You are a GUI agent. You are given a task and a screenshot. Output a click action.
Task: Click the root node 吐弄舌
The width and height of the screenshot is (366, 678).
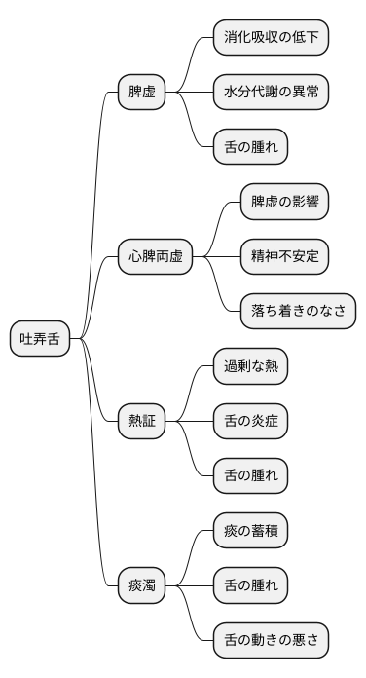tap(40, 339)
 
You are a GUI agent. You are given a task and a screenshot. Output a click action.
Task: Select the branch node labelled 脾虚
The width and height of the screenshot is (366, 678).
tap(141, 93)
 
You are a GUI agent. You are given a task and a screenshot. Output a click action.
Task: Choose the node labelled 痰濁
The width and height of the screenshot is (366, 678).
tap(141, 586)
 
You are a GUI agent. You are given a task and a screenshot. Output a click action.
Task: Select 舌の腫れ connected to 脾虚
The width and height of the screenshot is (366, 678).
tap(251, 147)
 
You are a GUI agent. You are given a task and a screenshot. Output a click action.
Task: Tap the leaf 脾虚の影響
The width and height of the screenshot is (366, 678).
tap(284, 203)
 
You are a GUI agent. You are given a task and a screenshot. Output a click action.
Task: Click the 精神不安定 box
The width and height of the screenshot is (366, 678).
tap(284, 257)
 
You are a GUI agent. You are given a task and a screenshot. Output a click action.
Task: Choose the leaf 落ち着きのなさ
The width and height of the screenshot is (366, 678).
tap(298, 312)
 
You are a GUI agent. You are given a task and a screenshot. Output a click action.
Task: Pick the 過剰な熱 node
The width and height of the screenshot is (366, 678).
tap(251, 367)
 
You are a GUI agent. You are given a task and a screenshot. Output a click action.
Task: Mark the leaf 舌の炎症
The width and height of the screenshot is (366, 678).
tap(251, 422)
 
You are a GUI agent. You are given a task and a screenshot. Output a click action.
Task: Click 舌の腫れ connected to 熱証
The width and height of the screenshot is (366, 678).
tap(251, 476)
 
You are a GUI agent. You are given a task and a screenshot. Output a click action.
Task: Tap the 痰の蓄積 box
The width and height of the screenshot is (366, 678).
tap(251, 532)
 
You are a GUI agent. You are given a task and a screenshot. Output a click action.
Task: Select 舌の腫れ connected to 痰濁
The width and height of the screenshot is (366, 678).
tap(251, 586)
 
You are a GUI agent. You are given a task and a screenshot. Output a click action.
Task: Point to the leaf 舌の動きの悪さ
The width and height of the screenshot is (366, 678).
tap(271, 641)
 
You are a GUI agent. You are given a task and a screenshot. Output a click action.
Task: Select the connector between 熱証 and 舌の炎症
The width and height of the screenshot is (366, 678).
tap(189, 422)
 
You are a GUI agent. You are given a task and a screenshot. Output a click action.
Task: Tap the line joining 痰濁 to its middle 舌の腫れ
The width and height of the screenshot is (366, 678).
tap(189, 586)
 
